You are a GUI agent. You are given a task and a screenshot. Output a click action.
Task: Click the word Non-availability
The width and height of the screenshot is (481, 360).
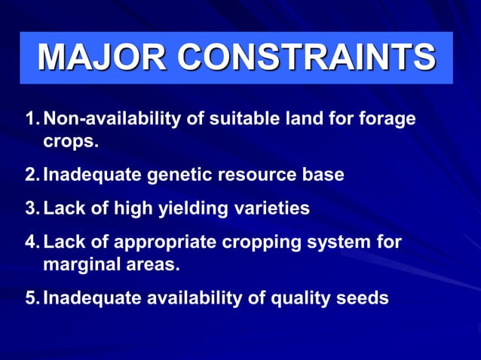coord(106,120)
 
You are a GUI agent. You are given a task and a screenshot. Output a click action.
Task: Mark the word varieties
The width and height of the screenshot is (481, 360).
coord(268,209)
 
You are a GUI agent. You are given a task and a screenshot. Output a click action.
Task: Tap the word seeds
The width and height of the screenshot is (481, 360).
coord(363,298)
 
